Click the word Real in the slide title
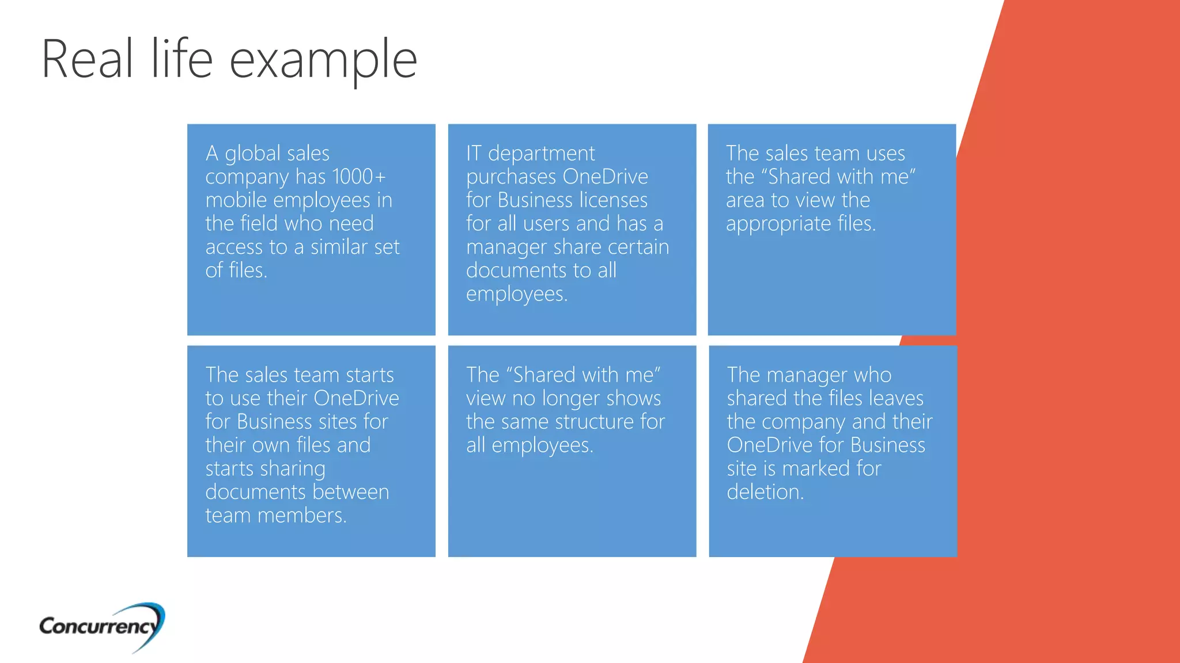coord(88,59)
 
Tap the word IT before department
coord(474,154)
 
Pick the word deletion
coord(765,492)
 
